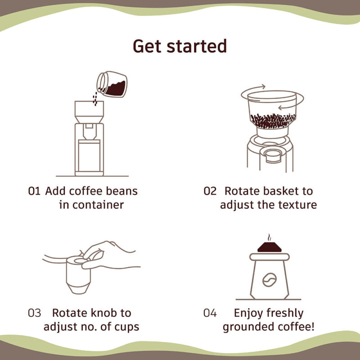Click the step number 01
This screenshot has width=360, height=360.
click(35, 191)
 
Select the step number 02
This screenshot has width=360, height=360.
click(210, 191)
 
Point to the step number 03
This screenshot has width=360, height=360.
click(35, 313)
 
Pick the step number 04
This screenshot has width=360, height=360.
click(210, 313)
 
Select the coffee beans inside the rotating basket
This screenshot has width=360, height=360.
click(272, 120)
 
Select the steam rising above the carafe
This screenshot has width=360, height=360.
click(270, 238)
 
